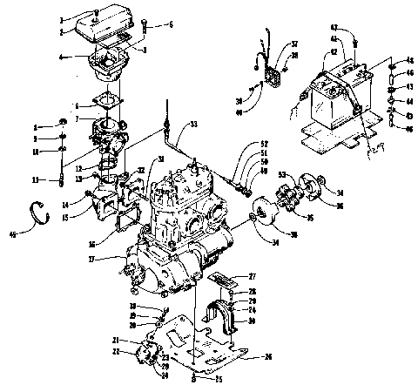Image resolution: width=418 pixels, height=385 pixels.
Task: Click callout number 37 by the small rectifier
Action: pyautogui.click(x=294, y=44)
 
